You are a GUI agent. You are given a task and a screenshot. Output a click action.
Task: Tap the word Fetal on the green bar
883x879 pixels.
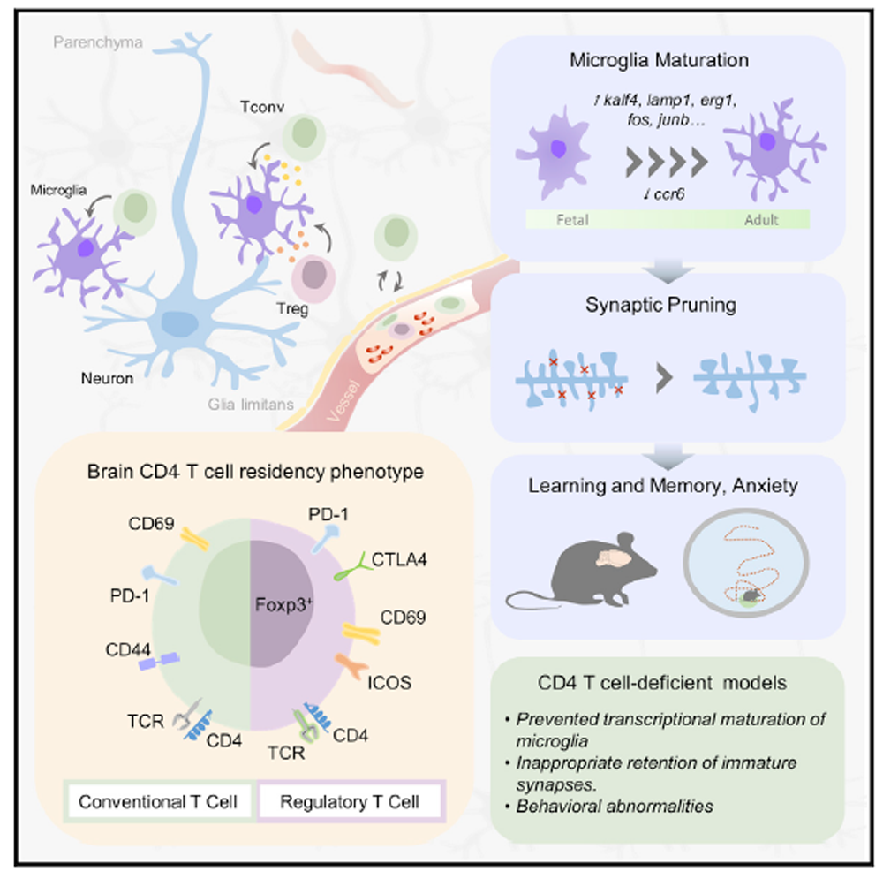(x=563, y=220)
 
